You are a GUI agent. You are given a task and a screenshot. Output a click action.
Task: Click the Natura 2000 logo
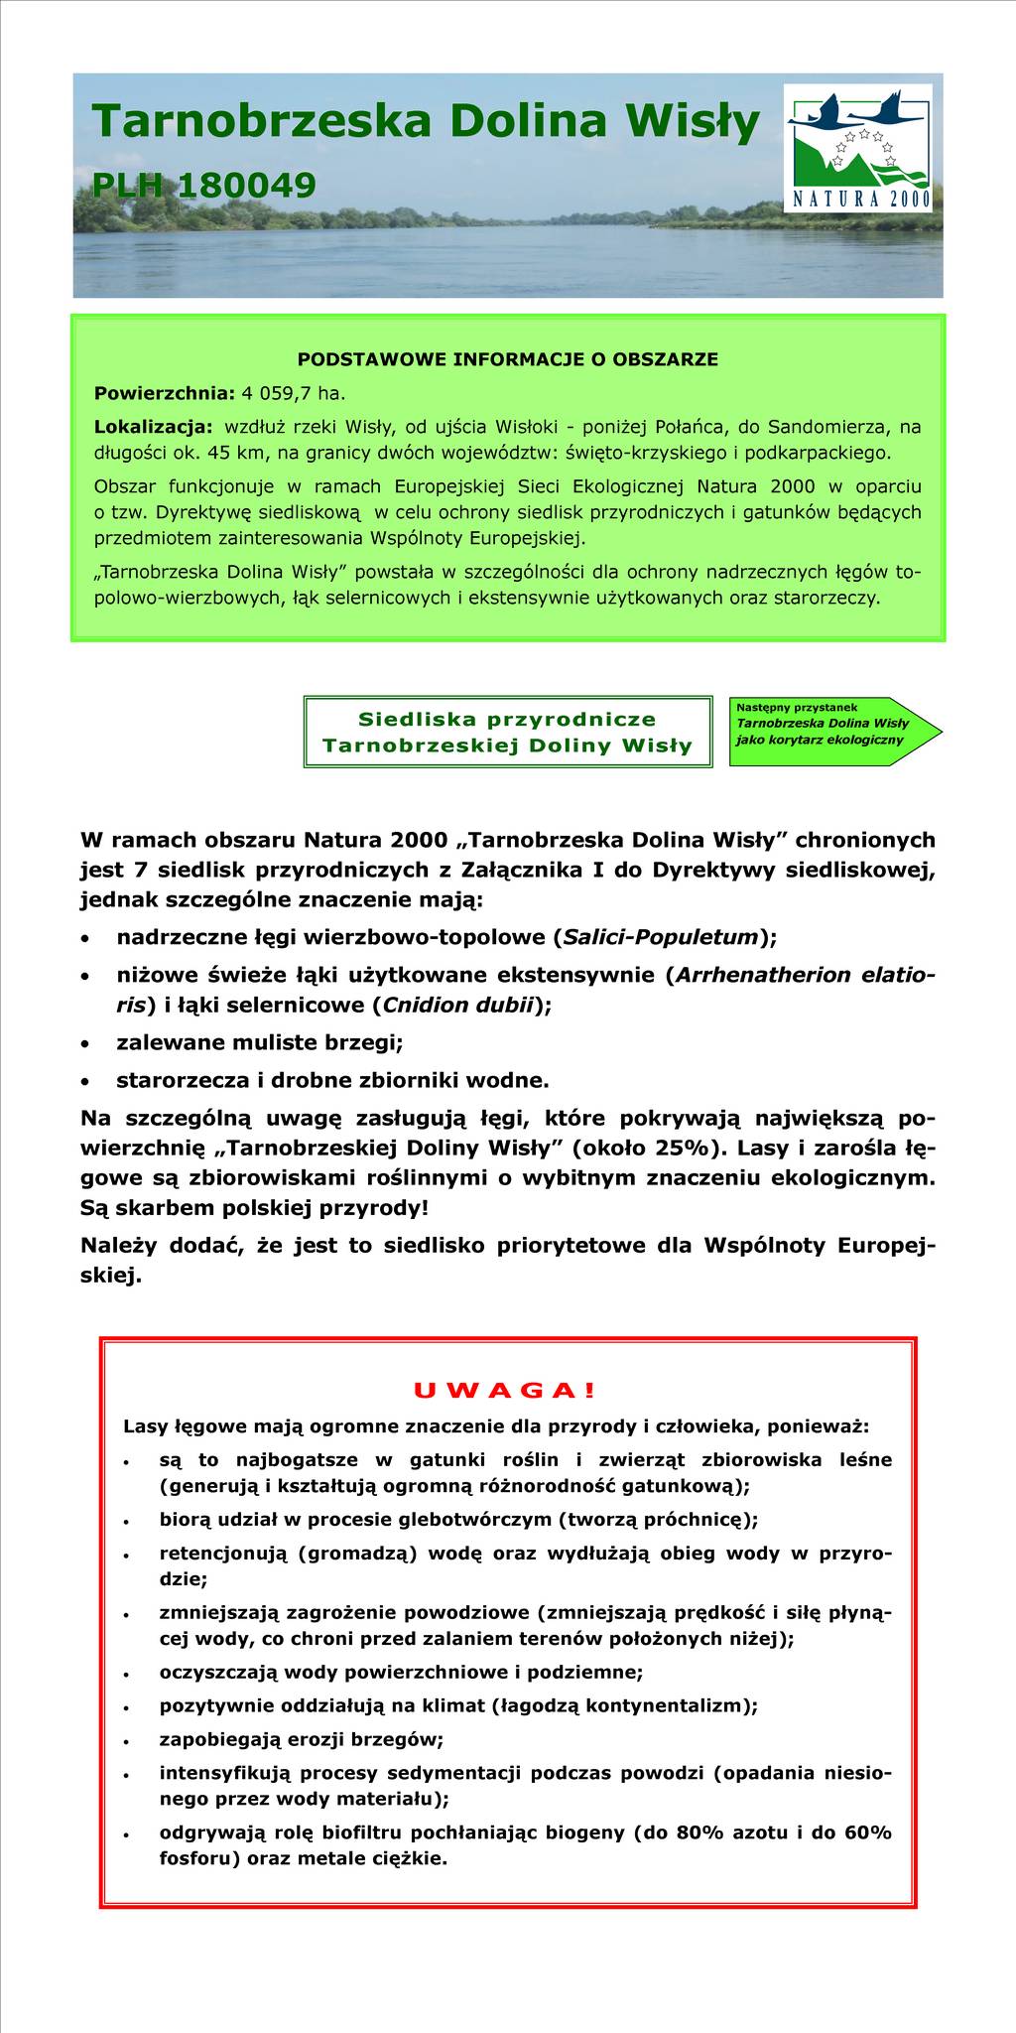[x=858, y=148]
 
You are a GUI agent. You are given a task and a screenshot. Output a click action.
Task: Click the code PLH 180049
[x=203, y=185]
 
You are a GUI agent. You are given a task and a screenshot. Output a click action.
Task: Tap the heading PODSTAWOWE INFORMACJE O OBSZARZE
[x=508, y=359]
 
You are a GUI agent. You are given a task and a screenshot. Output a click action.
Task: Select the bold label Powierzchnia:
[x=164, y=393]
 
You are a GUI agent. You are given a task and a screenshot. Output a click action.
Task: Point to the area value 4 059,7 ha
[x=291, y=393]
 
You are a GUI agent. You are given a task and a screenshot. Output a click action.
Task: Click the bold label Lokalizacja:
[x=153, y=427]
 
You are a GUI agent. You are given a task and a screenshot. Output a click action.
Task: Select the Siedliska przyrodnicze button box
[x=508, y=732]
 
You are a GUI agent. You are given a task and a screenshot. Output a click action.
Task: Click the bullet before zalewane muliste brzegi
[x=89, y=1044]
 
